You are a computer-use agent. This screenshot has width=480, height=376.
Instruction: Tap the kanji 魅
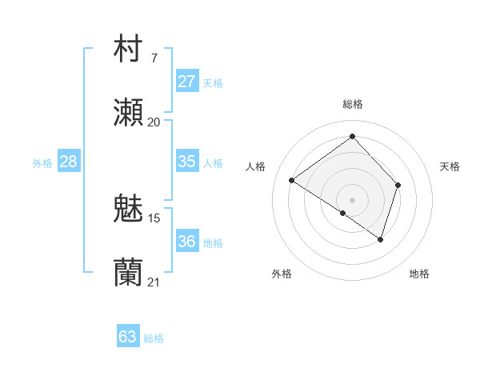point(129,209)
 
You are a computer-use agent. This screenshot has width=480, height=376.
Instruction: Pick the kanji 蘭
point(129,273)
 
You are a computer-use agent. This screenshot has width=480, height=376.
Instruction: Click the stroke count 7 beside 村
point(154,58)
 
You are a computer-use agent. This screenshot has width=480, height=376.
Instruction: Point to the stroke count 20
point(154,122)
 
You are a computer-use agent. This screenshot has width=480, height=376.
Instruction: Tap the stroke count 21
point(154,282)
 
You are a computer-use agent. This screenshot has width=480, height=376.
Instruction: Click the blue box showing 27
point(186,82)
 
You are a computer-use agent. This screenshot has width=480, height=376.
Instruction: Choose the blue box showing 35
point(186,162)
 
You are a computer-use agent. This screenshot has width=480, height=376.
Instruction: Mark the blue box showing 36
point(186,242)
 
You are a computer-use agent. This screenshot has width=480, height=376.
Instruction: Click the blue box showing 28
point(69,162)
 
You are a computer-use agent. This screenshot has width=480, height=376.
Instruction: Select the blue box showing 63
point(128,337)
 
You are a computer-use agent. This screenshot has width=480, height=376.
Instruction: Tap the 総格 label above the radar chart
point(353,104)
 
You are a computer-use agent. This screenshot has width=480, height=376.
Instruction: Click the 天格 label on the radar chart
point(450,166)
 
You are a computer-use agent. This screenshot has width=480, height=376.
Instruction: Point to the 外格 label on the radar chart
point(282,274)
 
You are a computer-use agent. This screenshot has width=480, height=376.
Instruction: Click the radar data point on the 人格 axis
point(292,180)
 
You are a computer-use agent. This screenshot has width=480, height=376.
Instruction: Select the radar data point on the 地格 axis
point(381,239)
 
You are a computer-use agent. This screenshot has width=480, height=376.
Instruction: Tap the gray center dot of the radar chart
point(353,199)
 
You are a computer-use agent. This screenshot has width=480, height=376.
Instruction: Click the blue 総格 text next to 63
point(154,338)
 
